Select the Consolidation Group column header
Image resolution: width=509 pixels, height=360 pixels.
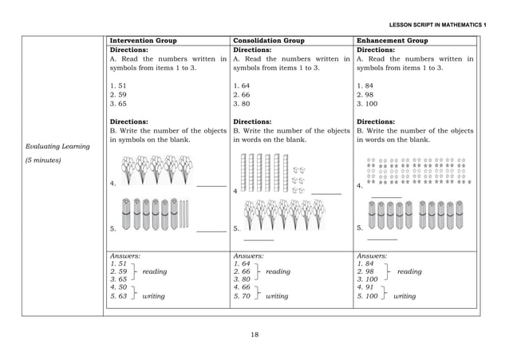[269, 40]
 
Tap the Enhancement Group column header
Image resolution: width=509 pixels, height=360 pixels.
[393, 40]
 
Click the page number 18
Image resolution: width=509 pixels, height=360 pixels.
[254, 334]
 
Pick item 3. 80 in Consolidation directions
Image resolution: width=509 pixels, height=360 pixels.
[241, 102]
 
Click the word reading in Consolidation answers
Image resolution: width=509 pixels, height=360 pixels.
[278, 271]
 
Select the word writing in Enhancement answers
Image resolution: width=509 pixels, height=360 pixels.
[404, 295]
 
